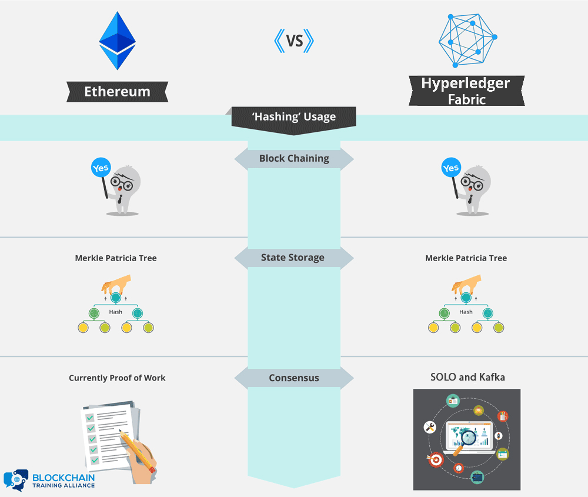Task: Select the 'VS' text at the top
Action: click(x=294, y=41)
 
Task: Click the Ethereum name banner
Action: click(x=117, y=92)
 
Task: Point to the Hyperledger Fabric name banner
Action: click(x=466, y=91)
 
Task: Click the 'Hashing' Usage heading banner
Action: click(x=294, y=116)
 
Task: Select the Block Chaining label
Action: click(x=294, y=158)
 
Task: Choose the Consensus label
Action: click(x=294, y=378)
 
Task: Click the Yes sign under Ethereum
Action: click(x=101, y=168)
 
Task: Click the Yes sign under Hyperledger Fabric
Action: click(x=450, y=169)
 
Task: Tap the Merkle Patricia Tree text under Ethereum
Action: click(x=116, y=258)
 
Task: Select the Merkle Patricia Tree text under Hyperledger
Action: click(x=466, y=258)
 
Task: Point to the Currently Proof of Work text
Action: click(x=117, y=378)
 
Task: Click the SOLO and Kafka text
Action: click(x=467, y=377)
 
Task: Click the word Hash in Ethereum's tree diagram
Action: click(x=116, y=312)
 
